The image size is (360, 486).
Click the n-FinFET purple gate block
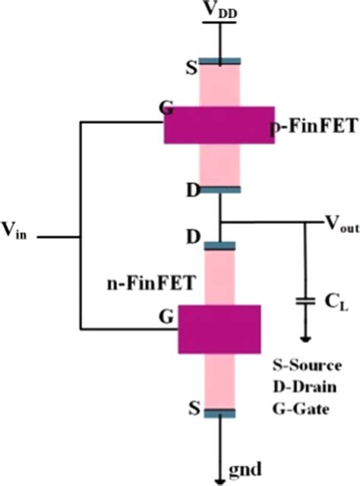[x=219, y=329]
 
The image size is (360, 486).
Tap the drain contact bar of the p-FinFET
[x=220, y=189]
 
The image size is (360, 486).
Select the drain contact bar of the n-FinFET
[x=220, y=245]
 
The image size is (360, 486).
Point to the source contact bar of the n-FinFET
[x=220, y=413]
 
